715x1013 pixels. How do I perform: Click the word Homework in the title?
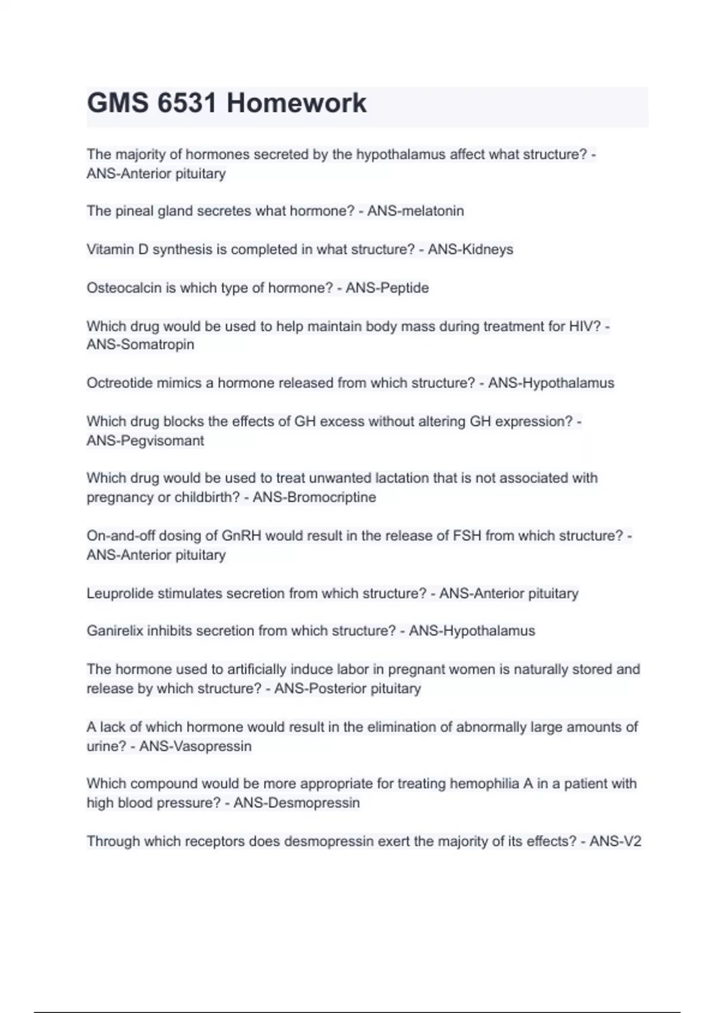point(296,103)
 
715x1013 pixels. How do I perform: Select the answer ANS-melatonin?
point(415,211)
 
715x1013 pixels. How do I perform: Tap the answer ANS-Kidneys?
point(470,249)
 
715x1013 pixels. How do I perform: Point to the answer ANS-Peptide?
point(387,288)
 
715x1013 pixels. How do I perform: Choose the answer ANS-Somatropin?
point(141,345)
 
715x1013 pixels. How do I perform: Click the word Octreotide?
point(119,383)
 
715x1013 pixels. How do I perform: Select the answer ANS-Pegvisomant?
point(145,440)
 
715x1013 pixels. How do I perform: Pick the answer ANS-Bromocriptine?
point(314,497)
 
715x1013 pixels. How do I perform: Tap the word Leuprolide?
point(120,593)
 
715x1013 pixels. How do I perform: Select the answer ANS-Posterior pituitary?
point(347,688)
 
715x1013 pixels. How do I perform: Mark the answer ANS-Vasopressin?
point(195,746)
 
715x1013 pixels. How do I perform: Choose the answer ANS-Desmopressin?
point(296,803)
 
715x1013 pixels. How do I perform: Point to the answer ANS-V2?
point(615,841)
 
